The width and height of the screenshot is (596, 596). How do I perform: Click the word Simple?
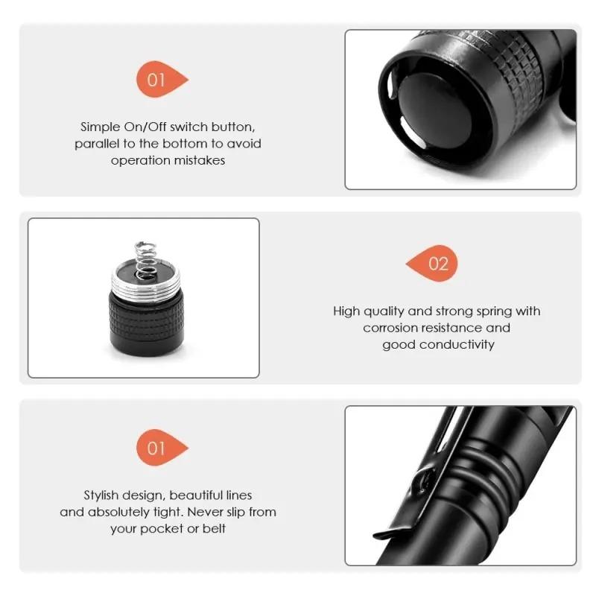(100, 127)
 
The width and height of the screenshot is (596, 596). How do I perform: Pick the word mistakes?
(198, 159)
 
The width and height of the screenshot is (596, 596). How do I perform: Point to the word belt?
(213, 528)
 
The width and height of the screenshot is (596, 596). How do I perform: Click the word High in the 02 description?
(346, 311)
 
